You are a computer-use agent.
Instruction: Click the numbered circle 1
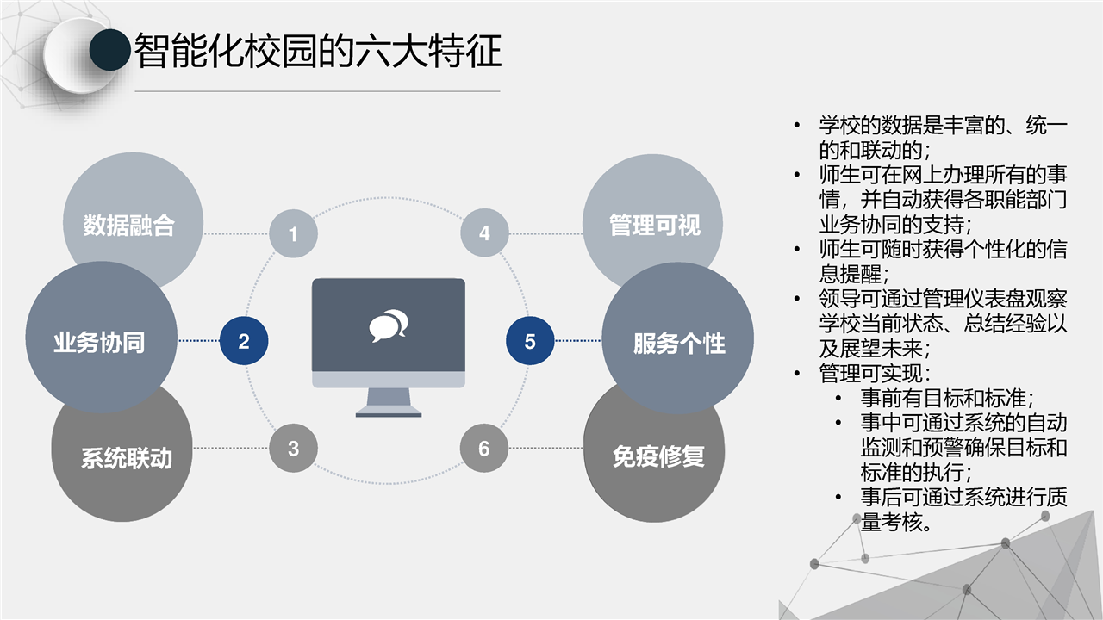[293, 233]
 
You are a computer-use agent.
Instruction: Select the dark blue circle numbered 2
[244, 341]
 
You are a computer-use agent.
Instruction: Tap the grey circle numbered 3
[293, 449]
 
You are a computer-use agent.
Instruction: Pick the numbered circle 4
[484, 232]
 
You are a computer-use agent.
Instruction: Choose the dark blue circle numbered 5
[530, 341]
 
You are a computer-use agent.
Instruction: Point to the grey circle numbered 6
[484, 449]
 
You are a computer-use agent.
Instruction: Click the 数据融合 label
[128, 226]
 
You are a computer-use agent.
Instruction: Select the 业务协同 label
[99, 343]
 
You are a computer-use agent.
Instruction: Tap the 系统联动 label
[127, 458]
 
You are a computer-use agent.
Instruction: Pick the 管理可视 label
[655, 225]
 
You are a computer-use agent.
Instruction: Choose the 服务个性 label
[679, 344]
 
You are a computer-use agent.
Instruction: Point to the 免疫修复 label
[658, 456]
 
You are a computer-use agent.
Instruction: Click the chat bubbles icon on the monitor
[389, 325]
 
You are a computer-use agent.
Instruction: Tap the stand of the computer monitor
[389, 402]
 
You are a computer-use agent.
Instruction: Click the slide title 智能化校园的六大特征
[318, 51]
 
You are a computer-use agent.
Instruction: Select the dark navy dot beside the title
[109, 50]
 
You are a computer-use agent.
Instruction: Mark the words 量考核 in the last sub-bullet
[892, 522]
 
